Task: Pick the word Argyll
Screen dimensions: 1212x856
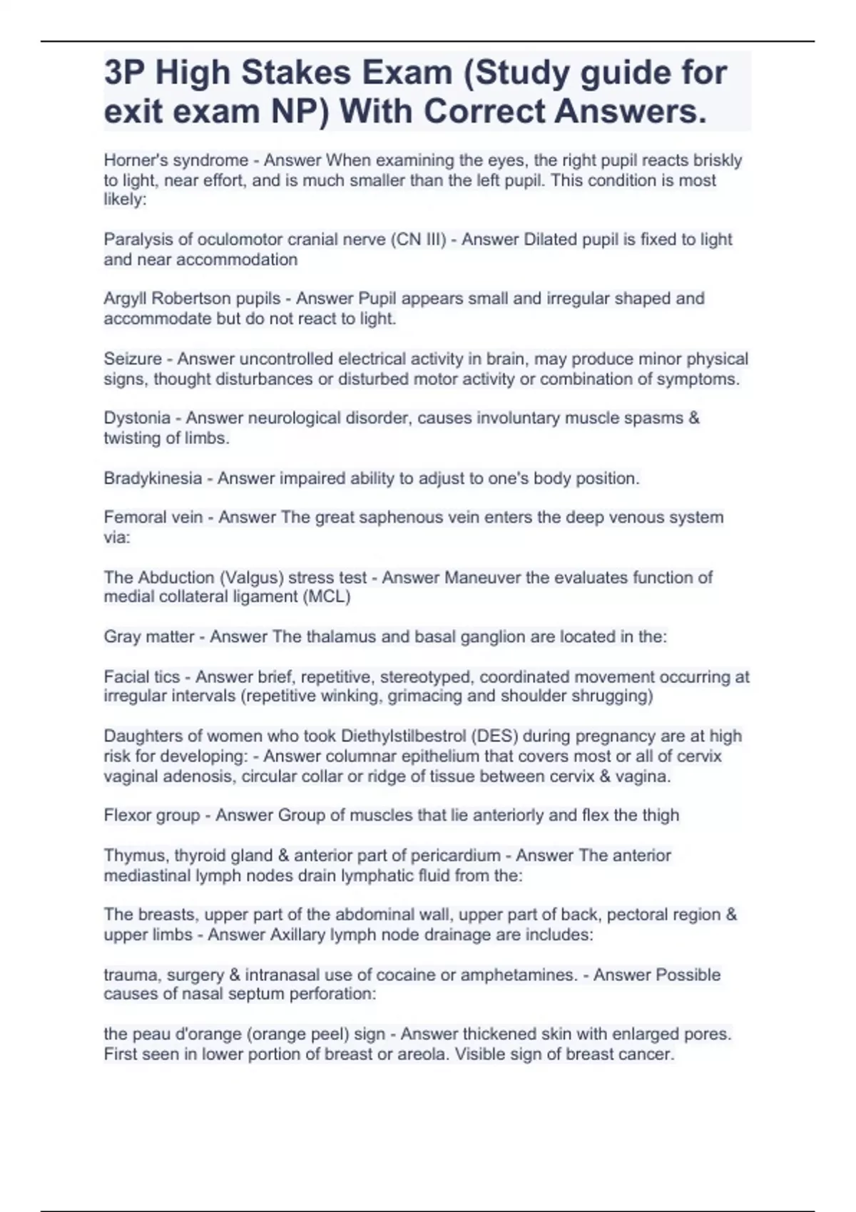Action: pyautogui.click(x=125, y=299)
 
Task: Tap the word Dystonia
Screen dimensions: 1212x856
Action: pyautogui.click(x=137, y=418)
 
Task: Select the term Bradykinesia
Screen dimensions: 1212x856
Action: pyautogui.click(x=153, y=478)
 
